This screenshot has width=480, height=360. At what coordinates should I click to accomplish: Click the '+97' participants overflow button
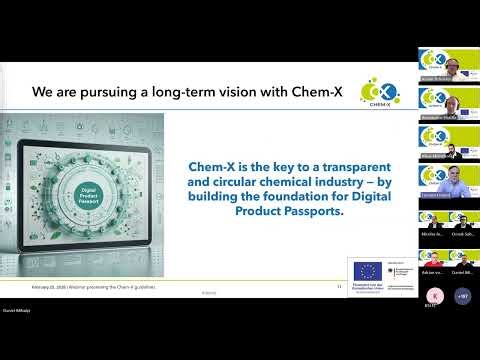click(x=462, y=297)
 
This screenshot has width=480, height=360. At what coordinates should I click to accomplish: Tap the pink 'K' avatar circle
click(x=435, y=297)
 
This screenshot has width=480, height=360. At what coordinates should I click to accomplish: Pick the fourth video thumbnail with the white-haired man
click(x=448, y=181)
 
